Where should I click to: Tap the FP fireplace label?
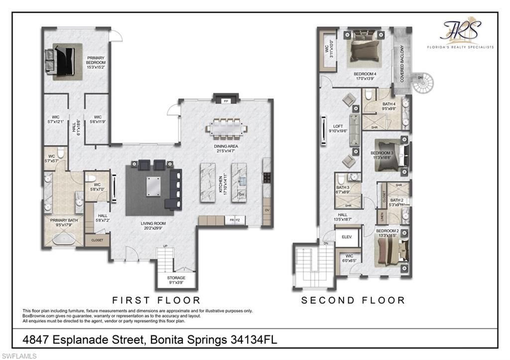pyautogui.click(x=226, y=101)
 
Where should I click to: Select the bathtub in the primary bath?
pyautogui.click(x=64, y=240)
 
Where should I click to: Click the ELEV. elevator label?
pyautogui.click(x=347, y=237)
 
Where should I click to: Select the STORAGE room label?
pyautogui.click(x=176, y=278)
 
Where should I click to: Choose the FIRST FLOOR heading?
pyautogui.click(x=156, y=300)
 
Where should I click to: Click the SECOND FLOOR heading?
pyautogui.click(x=353, y=300)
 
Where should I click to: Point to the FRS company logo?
pyautogui.click(x=461, y=32)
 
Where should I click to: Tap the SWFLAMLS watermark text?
pyautogui.click(x=19, y=356)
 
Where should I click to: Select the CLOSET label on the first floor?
pyautogui.click(x=97, y=240)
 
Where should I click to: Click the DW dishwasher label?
pyautogui.click(x=242, y=194)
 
